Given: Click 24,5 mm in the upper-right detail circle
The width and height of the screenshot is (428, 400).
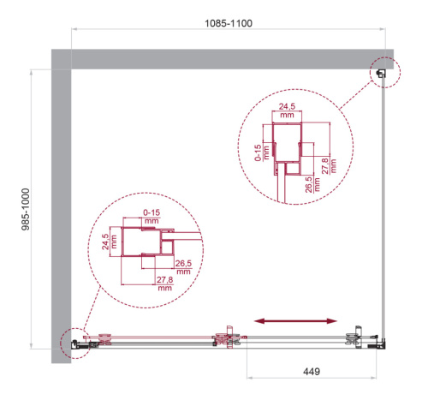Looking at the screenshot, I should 286,110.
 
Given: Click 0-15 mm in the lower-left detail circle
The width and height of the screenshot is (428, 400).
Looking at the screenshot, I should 152,214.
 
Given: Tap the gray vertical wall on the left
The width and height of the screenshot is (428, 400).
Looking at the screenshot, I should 61,206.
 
